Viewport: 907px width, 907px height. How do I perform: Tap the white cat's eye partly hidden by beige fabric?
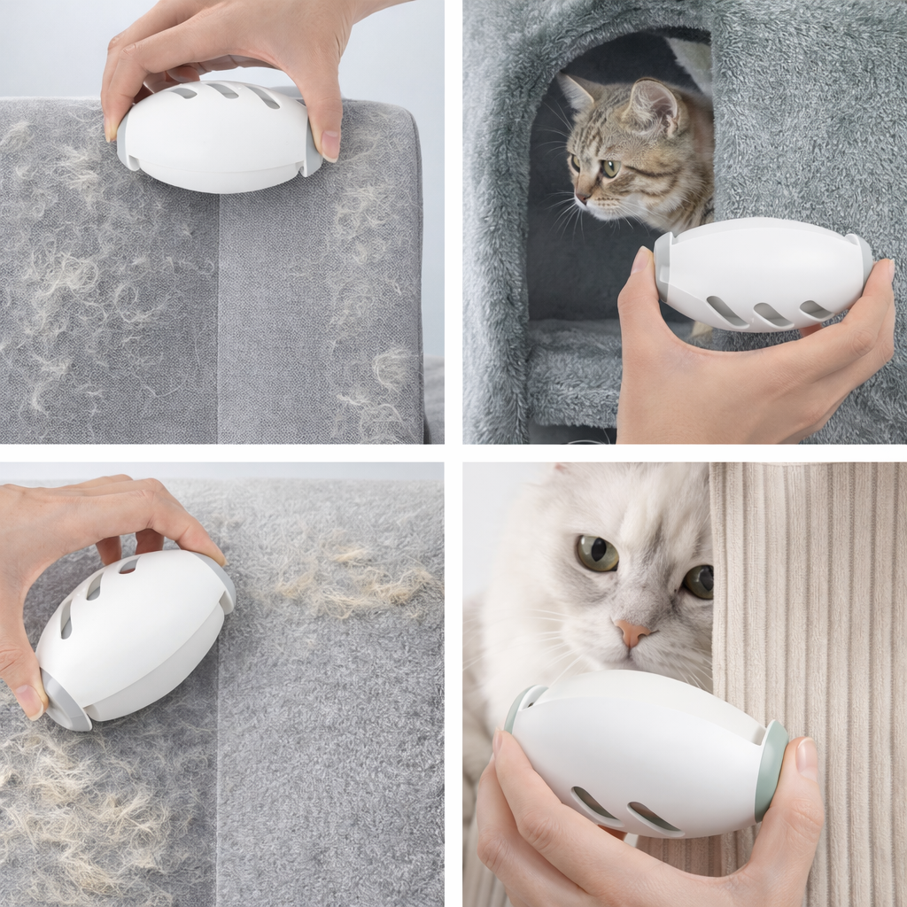pos(699,581)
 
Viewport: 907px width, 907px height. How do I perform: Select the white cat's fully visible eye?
pos(598,553)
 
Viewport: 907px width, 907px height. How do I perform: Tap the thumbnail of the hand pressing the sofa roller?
pos(329,145)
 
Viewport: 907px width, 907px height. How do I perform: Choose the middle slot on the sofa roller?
pos(224,90)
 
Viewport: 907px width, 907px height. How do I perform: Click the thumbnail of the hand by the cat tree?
pos(640,260)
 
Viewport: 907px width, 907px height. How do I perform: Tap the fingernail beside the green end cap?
pos(806,757)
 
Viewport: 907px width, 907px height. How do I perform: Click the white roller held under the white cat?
pos(642,753)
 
